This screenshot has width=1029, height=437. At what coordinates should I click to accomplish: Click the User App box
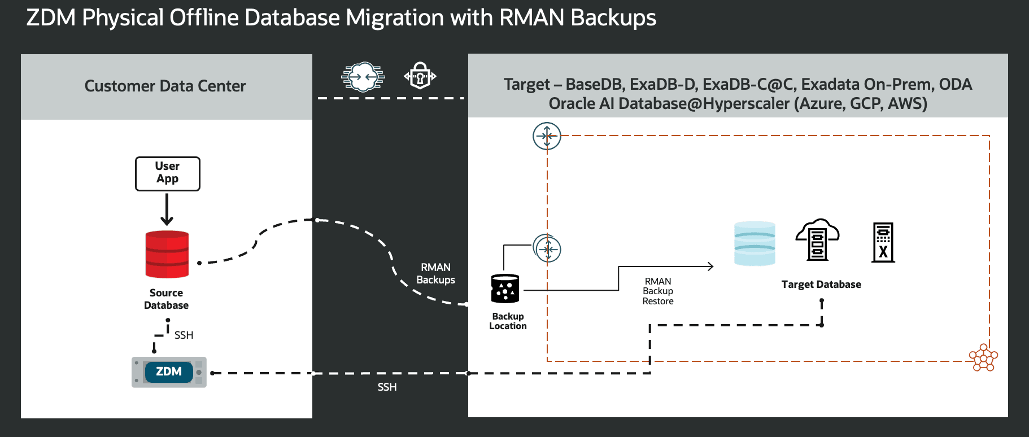tap(168, 173)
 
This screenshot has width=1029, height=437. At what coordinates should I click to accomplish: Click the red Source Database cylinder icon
tap(167, 254)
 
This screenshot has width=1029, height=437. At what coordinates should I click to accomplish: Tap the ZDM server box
tap(169, 372)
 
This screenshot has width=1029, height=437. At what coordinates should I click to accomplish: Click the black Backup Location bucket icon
tap(505, 289)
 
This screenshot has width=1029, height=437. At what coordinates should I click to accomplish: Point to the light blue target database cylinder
tap(755, 243)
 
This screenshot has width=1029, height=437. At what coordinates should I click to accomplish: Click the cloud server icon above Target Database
tap(817, 240)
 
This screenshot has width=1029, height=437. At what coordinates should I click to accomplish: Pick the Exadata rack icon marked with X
tap(883, 243)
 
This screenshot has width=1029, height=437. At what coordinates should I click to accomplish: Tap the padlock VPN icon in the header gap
tap(420, 76)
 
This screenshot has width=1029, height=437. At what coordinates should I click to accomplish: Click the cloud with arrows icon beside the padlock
tap(363, 76)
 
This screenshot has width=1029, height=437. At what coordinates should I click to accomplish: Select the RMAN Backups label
tap(435, 273)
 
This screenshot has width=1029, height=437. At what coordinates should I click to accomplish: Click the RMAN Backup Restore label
tap(658, 291)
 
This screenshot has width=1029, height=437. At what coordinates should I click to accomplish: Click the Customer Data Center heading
tap(165, 86)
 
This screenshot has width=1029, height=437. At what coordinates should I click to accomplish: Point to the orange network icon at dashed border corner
tap(983, 358)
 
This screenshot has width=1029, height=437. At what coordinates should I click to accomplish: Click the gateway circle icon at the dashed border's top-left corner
tap(547, 136)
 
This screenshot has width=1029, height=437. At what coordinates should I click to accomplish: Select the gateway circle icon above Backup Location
tap(547, 248)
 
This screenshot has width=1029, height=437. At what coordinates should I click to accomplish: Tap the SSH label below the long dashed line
tap(387, 387)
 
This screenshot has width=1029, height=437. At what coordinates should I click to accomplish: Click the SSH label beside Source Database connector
tap(184, 335)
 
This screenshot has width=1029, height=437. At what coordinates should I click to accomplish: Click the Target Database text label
tap(821, 285)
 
